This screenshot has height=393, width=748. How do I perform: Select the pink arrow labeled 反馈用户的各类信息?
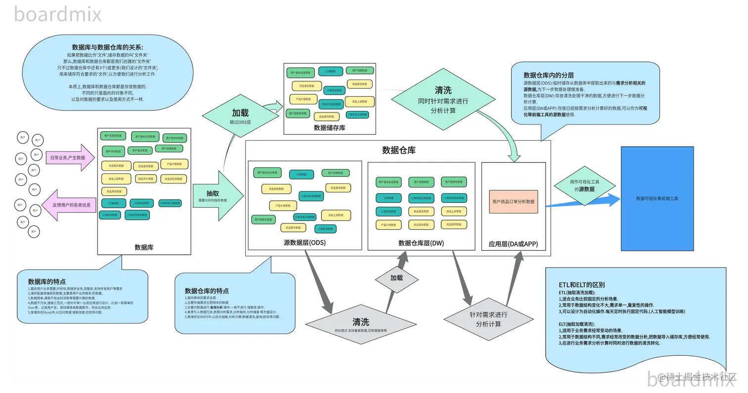pyautogui.click(x=69, y=204)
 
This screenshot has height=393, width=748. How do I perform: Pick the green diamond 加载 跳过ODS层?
pyautogui.click(x=240, y=116)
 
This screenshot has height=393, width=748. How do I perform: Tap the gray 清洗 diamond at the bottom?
pyautogui.click(x=360, y=325)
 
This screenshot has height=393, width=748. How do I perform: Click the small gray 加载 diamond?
pyautogui.click(x=397, y=278)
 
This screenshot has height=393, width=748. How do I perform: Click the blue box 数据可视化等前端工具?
pyautogui.click(x=656, y=198)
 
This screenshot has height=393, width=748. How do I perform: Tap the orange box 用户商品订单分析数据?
pyautogui.click(x=513, y=202)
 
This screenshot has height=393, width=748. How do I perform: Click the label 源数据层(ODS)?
pyautogui.click(x=304, y=243)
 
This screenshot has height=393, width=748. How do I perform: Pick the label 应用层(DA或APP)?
pyautogui.click(x=513, y=244)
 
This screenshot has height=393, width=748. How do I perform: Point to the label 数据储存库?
pyautogui.click(x=329, y=128)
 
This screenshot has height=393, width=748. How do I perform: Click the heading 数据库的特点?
pyautogui.click(x=47, y=281)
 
